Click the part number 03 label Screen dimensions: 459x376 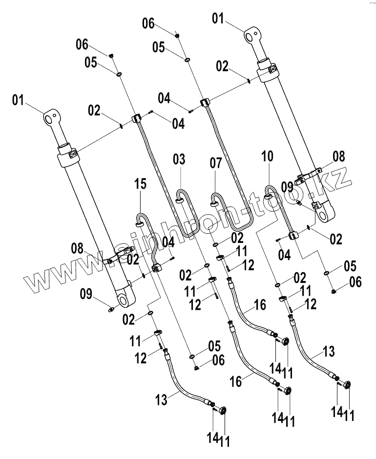pos(179,160)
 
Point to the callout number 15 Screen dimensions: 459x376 pos(141,184)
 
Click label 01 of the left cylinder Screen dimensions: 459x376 pos(18,101)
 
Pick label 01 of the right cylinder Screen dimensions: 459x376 pos(218,20)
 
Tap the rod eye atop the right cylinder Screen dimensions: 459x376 pos(252,35)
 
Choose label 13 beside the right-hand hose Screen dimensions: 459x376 pos(329,351)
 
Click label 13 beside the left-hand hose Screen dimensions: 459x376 pos(162,400)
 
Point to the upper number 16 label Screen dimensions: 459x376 pos(260,305)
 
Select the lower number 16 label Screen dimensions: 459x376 pos(236,381)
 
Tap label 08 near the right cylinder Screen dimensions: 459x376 pos(338,157)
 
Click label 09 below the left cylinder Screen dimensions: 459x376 pos(85,294)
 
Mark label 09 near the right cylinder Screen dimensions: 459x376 pos(287,186)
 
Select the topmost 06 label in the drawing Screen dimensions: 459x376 pos(148,23)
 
